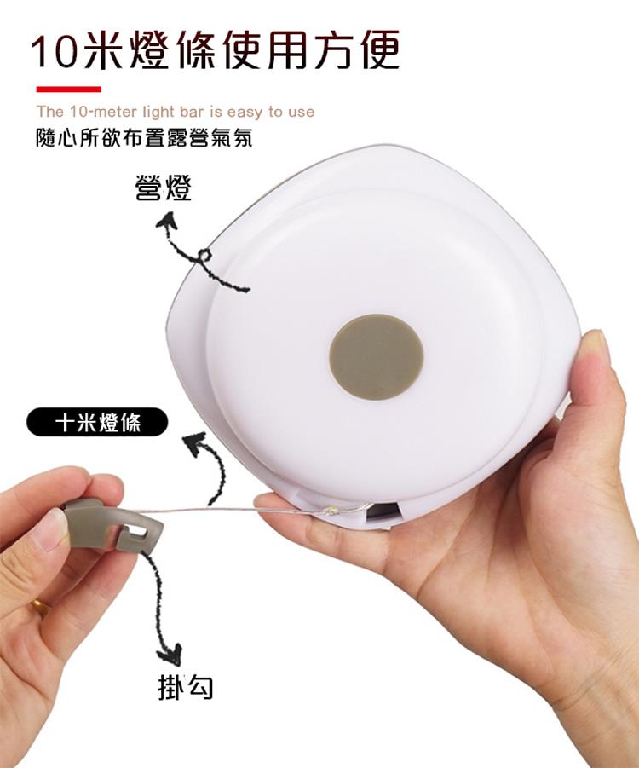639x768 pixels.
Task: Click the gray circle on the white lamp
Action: pos(376,356)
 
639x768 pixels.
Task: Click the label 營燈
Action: pos(163,188)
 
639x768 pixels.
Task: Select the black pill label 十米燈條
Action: pos(97,422)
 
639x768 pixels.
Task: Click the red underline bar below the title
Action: pos(68,90)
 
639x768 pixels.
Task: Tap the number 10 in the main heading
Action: pos(55,51)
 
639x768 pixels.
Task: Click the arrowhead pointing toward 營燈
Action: pos(168,221)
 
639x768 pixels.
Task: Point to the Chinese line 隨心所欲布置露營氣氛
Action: pos(145,139)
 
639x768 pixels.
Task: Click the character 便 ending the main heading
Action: pos(380,50)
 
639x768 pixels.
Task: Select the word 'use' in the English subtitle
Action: pos(301,113)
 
